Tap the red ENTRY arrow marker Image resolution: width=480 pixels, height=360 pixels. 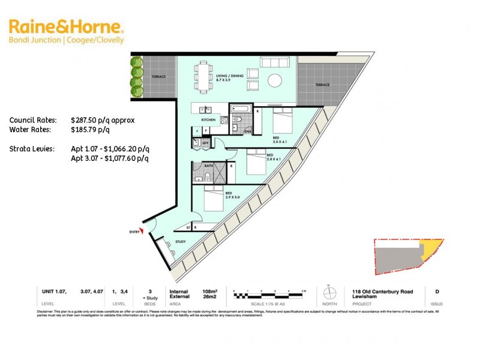[x=142, y=233]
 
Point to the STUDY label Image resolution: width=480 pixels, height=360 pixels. [x=181, y=242]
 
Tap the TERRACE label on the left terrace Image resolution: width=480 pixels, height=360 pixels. [x=158, y=77]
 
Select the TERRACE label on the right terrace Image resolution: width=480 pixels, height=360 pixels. [x=322, y=85]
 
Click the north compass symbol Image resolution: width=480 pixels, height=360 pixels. [x=328, y=293]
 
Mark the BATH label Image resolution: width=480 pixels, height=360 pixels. [x=209, y=165]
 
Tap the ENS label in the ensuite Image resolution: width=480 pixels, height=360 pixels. [x=246, y=131]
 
